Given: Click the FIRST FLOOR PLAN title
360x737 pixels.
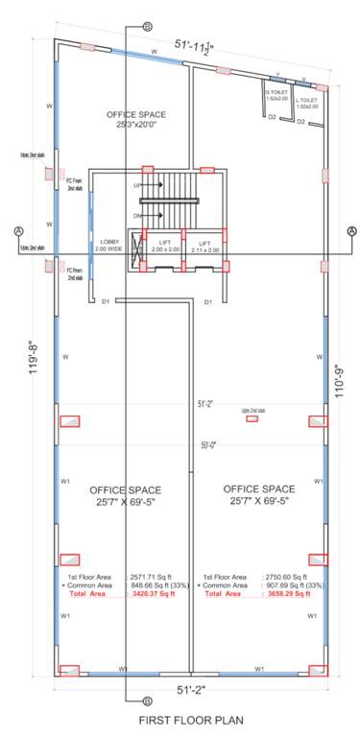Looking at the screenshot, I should (180, 719).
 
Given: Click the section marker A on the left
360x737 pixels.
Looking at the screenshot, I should (18, 230).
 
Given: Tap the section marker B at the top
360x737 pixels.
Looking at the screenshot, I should (146, 27).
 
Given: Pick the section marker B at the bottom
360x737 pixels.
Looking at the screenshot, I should (146, 701).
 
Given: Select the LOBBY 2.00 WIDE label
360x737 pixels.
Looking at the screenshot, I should (106, 246).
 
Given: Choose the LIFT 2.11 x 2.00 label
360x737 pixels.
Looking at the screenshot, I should (204, 247).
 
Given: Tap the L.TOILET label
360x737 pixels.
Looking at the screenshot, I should (306, 103).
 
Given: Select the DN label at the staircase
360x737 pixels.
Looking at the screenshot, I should (137, 216).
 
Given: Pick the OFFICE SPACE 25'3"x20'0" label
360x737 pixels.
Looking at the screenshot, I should (135, 118).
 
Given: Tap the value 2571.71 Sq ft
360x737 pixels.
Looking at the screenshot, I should (154, 577).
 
